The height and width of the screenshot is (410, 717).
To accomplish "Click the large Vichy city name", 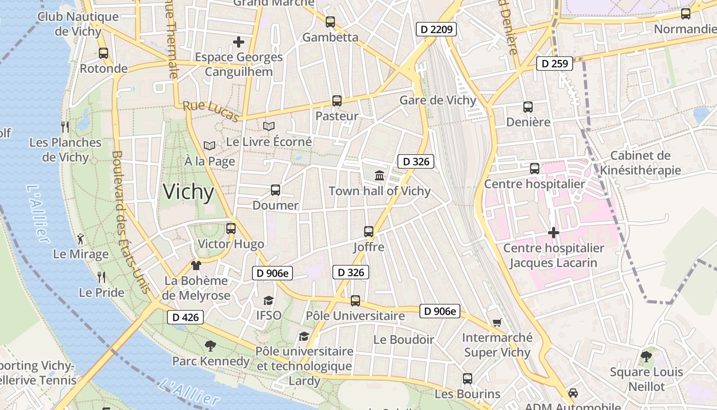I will tap(188, 192).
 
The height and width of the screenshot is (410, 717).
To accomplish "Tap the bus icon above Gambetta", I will tap(330, 22).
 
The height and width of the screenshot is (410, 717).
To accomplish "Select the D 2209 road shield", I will tap(436, 29).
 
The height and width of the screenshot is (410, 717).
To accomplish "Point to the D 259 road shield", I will tap(555, 64).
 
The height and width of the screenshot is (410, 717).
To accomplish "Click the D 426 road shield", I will tap(185, 317).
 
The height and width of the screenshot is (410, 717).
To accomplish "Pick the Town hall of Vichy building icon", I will tap(379, 176).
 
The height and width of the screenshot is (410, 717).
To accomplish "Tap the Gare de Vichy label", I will tap(438, 100).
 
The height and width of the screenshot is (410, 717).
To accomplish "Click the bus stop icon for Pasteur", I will tap(336, 101).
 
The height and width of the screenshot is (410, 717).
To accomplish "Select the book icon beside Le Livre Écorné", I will tap(268, 126).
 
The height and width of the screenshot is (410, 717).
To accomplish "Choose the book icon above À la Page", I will tap(209, 146).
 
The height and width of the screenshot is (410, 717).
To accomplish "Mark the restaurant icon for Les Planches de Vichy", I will tap(65, 127).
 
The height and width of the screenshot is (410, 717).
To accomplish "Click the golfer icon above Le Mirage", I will tap(80, 238).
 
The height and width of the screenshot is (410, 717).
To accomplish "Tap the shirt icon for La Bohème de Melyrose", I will tap(196, 265).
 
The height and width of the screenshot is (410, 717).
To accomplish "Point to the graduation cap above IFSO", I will tap(268, 300).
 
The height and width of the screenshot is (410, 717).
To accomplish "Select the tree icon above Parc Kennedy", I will tap(210, 346).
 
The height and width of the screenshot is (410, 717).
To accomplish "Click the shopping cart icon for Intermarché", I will tap(497, 322).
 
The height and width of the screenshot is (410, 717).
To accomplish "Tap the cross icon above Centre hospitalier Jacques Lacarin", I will tap(553, 233).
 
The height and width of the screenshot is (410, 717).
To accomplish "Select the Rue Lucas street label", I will tap(211, 111).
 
